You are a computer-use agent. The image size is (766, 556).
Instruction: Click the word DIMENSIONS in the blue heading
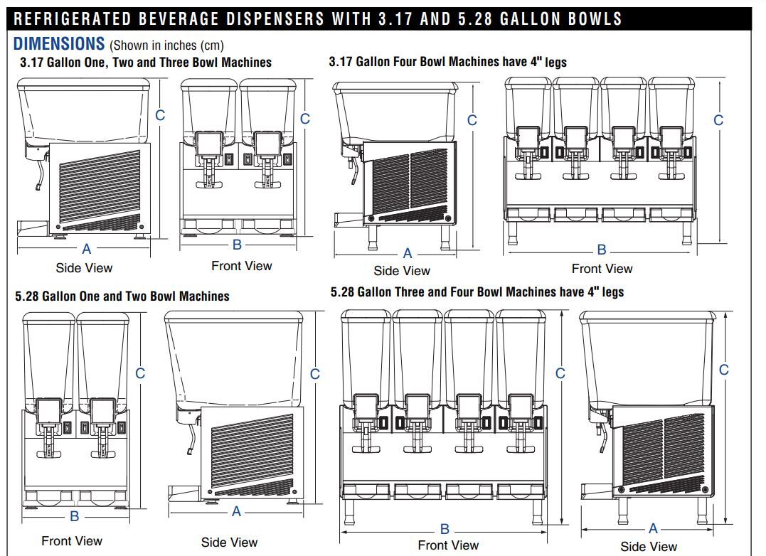(x=59, y=44)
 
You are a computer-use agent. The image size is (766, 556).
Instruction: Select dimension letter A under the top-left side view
(x=87, y=249)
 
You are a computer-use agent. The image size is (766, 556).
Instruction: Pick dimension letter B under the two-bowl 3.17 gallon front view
(x=238, y=245)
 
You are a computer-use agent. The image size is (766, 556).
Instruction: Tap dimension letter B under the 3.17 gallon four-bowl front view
(x=602, y=250)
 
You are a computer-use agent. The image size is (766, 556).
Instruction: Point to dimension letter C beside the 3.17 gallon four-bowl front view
(x=718, y=120)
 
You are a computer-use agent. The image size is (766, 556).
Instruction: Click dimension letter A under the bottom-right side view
(x=653, y=528)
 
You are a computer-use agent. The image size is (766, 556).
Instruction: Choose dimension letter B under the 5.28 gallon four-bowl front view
(x=445, y=529)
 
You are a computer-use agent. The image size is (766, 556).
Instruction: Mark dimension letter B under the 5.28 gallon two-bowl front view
(x=74, y=516)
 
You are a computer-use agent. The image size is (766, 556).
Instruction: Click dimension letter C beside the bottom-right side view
(x=724, y=370)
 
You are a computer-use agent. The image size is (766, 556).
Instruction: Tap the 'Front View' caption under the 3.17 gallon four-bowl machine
(x=602, y=269)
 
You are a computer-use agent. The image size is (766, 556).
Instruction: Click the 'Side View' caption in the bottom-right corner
(x=649, y=547)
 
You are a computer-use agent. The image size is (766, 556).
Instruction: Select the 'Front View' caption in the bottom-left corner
(x=72, y=541)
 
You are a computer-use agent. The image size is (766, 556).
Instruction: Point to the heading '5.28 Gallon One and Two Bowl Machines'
(x=122, y=296)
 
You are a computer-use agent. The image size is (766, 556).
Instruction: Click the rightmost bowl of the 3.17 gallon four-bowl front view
(x=671, y=103)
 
